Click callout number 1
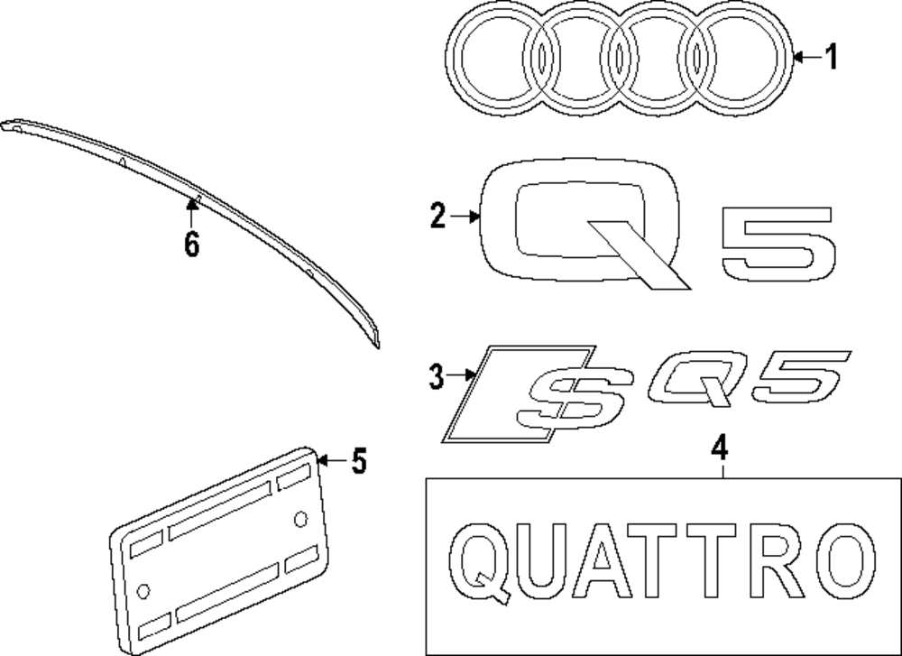[831, 59]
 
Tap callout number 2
[437, 217]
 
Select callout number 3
[437, 377]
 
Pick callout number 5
[358, 462]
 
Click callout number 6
[191, 244]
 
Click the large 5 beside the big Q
[778, 248]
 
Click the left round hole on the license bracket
[143, 590]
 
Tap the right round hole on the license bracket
[300, 517]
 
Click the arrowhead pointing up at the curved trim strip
[191, 204]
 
